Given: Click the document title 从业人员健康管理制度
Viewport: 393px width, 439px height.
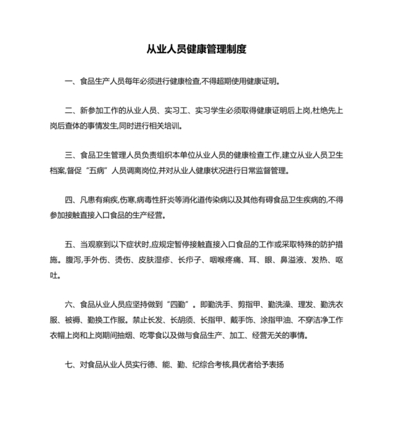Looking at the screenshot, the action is tap(196, 50).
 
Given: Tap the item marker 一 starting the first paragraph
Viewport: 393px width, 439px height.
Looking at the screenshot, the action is tap(69, 81).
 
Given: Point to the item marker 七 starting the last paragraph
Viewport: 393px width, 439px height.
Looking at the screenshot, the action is tap(69, 365).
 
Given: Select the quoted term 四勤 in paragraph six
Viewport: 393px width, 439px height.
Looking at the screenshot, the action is tap(184, 306).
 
